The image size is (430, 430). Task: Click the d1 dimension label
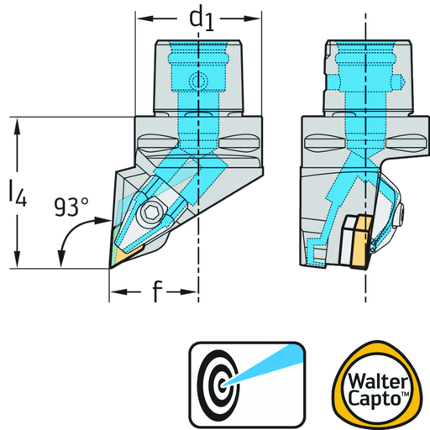pos(202,20)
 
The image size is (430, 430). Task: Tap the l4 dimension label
pos(18,194)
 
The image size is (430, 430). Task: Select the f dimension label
pos(157,291)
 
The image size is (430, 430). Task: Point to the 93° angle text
pos(71,207)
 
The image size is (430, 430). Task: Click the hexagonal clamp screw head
pos(149,213)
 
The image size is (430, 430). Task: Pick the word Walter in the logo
pos(378,381)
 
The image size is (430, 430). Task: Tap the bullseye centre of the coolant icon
pos(223,385)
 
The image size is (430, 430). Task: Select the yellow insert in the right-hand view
pos(362,243)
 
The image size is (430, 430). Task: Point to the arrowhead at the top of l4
pos(18,125)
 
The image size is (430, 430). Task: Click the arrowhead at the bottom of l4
pos(18,260)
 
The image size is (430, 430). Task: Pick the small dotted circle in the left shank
pos(198,81)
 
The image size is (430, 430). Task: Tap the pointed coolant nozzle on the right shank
pos(398,82)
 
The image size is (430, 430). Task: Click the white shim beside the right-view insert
pos(347,241)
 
